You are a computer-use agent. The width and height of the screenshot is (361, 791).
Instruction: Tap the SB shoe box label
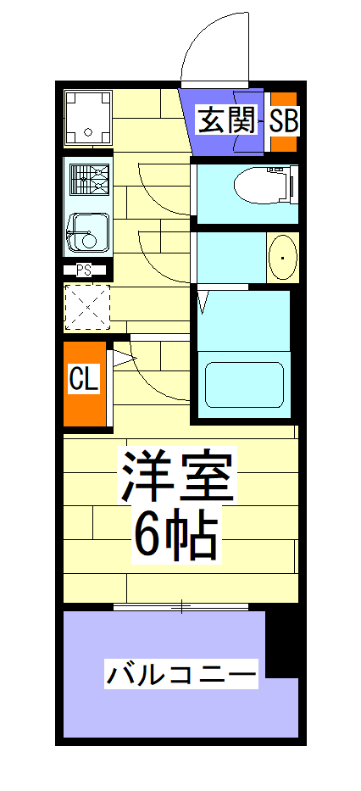point(284,121)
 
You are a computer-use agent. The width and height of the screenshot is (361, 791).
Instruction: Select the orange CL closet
point(85,382)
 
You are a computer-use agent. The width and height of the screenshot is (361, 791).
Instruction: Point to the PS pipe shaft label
point(84,270)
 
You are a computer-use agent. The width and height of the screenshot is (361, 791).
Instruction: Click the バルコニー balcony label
point(181,676)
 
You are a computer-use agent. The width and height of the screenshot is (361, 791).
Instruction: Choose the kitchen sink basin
point(88,231)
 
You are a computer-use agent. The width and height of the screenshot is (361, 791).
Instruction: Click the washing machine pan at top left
point(88,116)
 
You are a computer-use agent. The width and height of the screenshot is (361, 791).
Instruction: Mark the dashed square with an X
point(87,306)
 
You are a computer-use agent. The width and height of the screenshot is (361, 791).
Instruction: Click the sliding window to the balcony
point(180,606)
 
